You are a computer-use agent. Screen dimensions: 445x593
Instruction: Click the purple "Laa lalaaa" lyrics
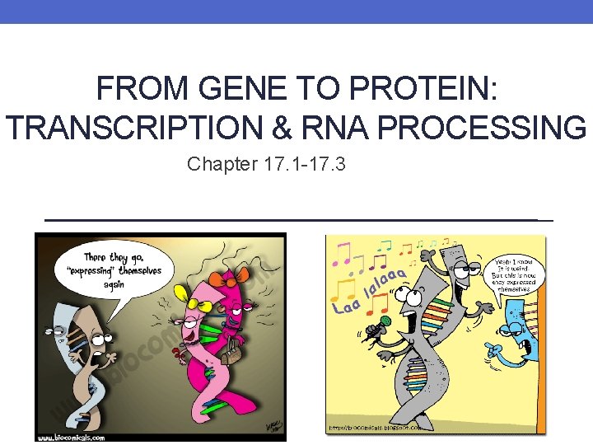pyautogui.click(x=371, y=293)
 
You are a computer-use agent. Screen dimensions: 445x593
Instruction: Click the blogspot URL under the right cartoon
pyautogui.click(x=376, y=428)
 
